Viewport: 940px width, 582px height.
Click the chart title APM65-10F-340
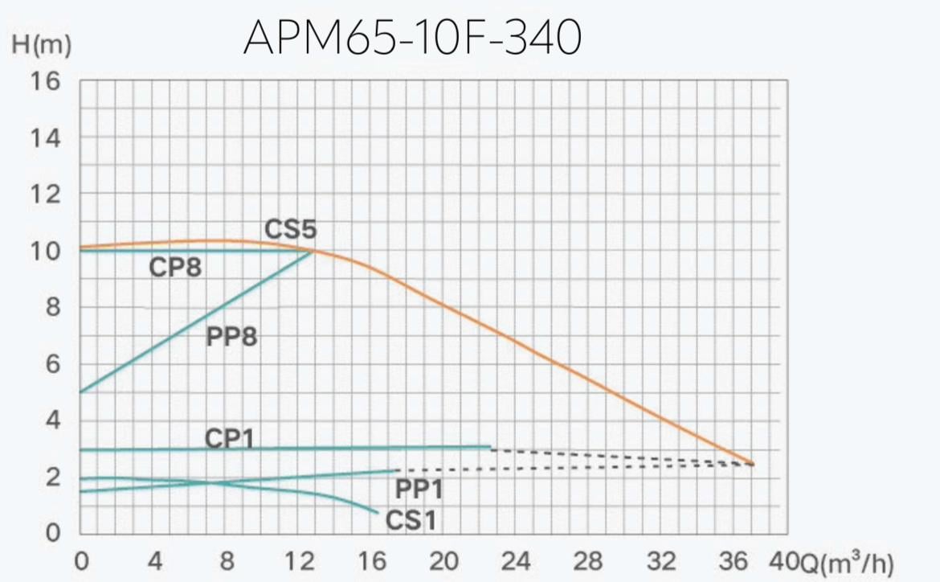411,38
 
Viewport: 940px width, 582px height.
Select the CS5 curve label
291,230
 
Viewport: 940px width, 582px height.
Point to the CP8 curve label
175,268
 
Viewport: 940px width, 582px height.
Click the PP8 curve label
231,336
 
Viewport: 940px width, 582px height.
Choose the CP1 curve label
230,438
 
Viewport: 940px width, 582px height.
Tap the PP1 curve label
419,488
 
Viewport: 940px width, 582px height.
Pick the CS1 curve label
411,521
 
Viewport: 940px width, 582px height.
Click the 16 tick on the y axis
45,81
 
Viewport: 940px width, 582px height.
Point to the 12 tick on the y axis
45,195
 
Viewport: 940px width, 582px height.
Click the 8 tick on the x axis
227,560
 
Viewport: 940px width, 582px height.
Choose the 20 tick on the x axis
444,560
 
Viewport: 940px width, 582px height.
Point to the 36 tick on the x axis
735,560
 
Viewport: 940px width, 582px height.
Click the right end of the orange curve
754,464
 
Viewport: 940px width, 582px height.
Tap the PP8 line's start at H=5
81,392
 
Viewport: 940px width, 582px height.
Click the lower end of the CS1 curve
377,513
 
